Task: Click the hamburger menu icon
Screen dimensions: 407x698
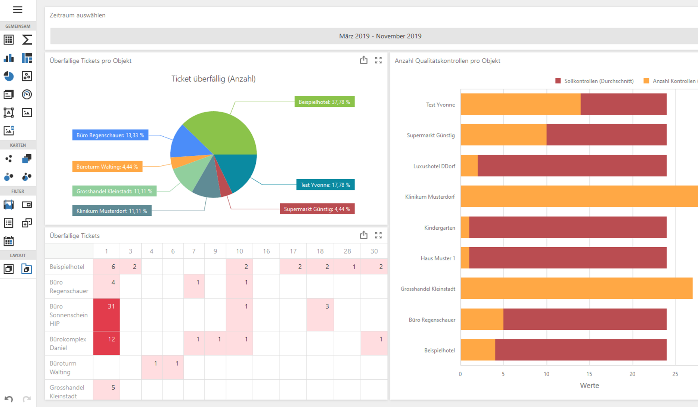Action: tap(17, 10)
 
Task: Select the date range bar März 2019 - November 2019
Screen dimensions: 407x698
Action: tap(380, 36)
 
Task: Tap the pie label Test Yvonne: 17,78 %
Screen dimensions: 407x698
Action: tap(325, 185)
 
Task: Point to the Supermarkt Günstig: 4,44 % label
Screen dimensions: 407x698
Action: tap(317, 209)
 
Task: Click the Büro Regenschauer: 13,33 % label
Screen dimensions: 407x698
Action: tap(110, 135)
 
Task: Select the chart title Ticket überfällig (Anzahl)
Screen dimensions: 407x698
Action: tap(213, 79)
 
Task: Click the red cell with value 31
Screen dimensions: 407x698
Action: tap(106, 314)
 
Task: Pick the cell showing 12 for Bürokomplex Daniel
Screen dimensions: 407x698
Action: tap(106, 343)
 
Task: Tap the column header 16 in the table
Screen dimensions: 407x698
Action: tap(266, 251)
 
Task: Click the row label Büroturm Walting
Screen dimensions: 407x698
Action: tap(63, 368)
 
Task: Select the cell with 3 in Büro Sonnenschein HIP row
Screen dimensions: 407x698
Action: tap(320, 314)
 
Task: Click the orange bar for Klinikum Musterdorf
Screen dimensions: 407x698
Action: tap(579, 196)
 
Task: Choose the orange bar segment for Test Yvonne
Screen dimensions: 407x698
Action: tap(520, 104)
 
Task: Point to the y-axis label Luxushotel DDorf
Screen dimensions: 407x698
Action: tap(434, 166)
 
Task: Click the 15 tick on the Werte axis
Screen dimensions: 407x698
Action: tap(589, 374)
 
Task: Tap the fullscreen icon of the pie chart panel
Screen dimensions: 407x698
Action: tap(378, 60)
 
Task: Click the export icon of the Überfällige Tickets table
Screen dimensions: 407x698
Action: tap(364, 235)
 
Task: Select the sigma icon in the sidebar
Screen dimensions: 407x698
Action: tap(27, 40)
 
